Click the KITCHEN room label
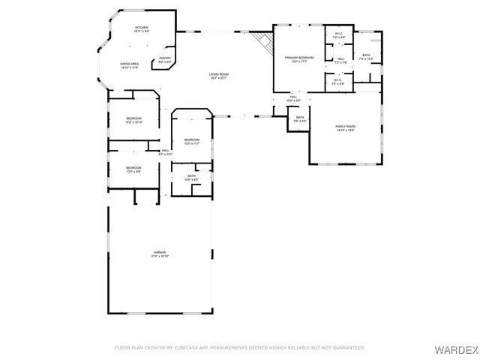142,27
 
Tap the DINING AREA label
130,65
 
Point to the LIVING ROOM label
218,75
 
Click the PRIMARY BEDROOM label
298,58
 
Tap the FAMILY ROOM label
345,127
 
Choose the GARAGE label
160,253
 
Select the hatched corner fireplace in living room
262,42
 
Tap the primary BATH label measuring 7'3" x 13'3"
365,56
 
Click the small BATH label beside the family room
299,118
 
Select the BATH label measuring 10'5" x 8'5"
192,178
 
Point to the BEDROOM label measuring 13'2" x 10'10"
133,120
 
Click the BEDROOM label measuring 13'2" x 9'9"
133,169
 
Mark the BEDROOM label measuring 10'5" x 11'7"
192,141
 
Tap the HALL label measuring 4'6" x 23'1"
165,152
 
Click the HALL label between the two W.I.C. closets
340,60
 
